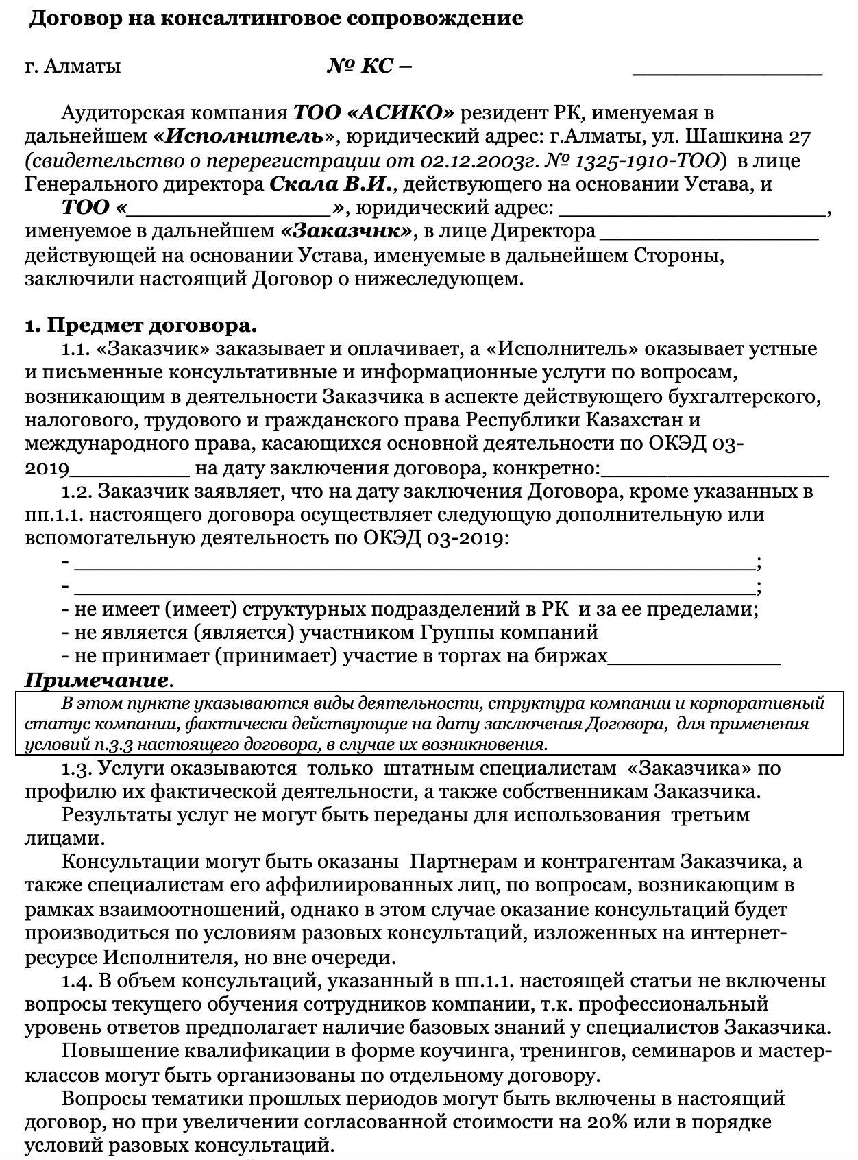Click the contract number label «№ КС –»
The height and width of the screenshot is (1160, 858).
[x=369, y=67]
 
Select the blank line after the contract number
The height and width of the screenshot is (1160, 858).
[x=726, y=69]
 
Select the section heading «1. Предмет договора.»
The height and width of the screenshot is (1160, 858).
[x=141, y=325]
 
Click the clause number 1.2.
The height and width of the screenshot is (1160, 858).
[x=76, y=492]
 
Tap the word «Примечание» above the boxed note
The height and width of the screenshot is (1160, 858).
[x=97, y=681]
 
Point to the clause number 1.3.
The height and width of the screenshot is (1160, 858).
[x=76, y=769]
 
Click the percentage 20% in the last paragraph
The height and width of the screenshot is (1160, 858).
[x=607, y=1122]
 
